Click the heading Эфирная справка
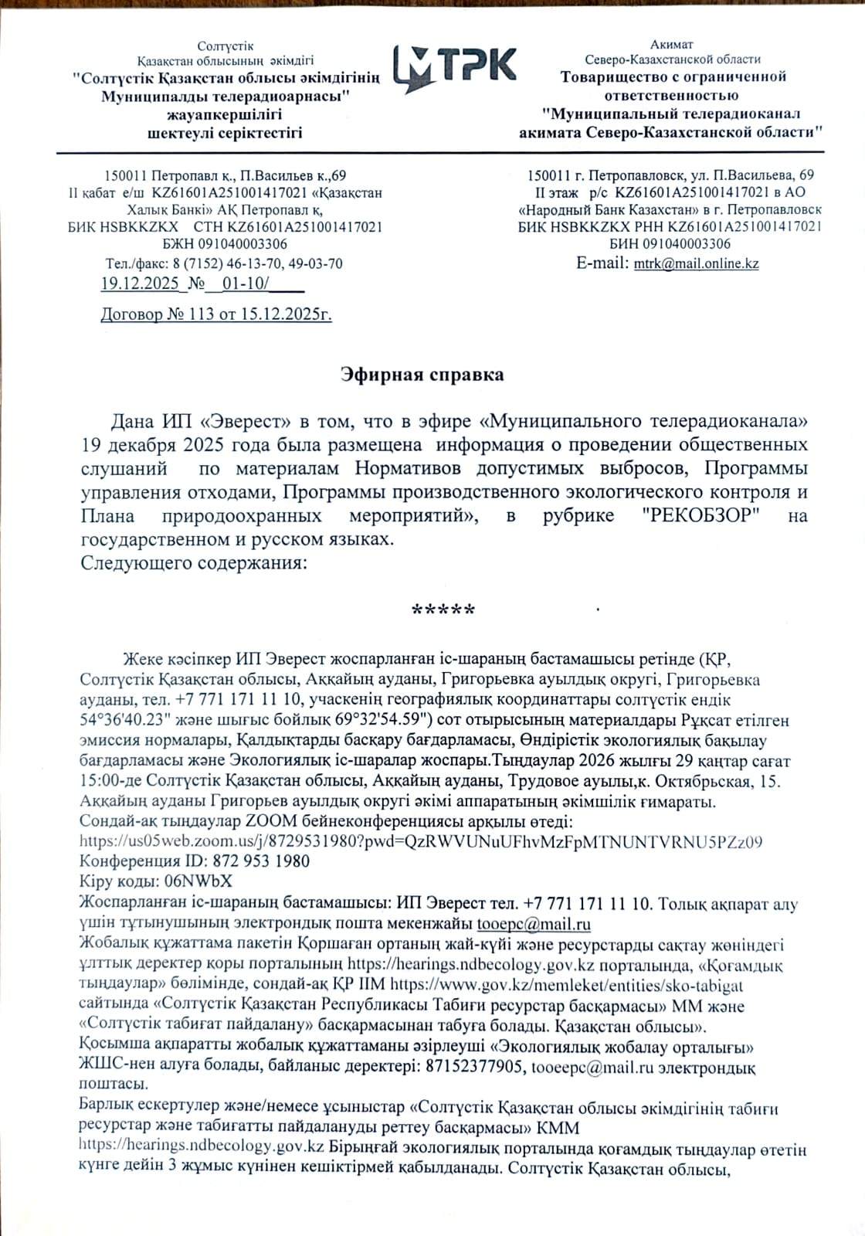pyautogui.click(x=422, y=375)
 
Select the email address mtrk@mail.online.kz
pyautogui.click(x=696, y=263)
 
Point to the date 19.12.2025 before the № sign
pyautogui.click(x=140, y=284)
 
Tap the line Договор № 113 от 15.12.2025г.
pyautogui.click(x=216, y=314)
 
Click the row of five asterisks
pyautogui.click(x=444, y=610)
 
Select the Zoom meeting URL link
pyautogui.click(x=422, y=841)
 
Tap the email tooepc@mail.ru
pyautogui.click(x=534, y=923)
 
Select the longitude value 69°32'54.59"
pyautogui.click(x=374, y=721)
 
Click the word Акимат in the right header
pyautogui.click(x=671, y=44)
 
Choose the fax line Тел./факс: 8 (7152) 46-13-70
pyautogui.click(x=224, y=263)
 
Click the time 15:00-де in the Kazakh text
pyautogui.click(x=110, y=781)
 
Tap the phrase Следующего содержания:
pyautogui.click(x=193, y=562)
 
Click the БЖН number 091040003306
pyautogui.click(x=225, y=244)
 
